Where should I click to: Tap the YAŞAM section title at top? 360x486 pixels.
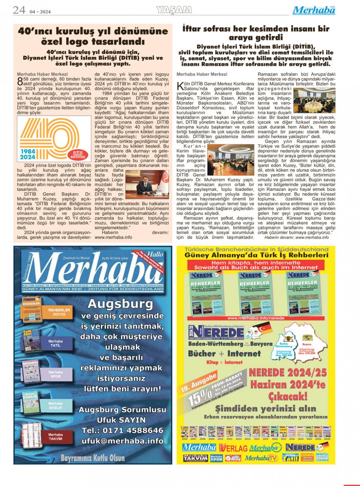point(174,11)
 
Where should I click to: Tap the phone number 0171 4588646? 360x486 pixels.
point(122,430)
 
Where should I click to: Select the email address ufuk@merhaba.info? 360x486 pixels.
point(122,441)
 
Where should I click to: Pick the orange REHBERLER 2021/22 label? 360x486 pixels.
point(59,312)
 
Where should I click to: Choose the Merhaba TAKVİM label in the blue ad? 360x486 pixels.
point(55,437)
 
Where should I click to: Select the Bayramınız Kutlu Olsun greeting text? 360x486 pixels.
point(93,458)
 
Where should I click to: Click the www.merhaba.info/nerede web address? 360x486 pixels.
point(255,318)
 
